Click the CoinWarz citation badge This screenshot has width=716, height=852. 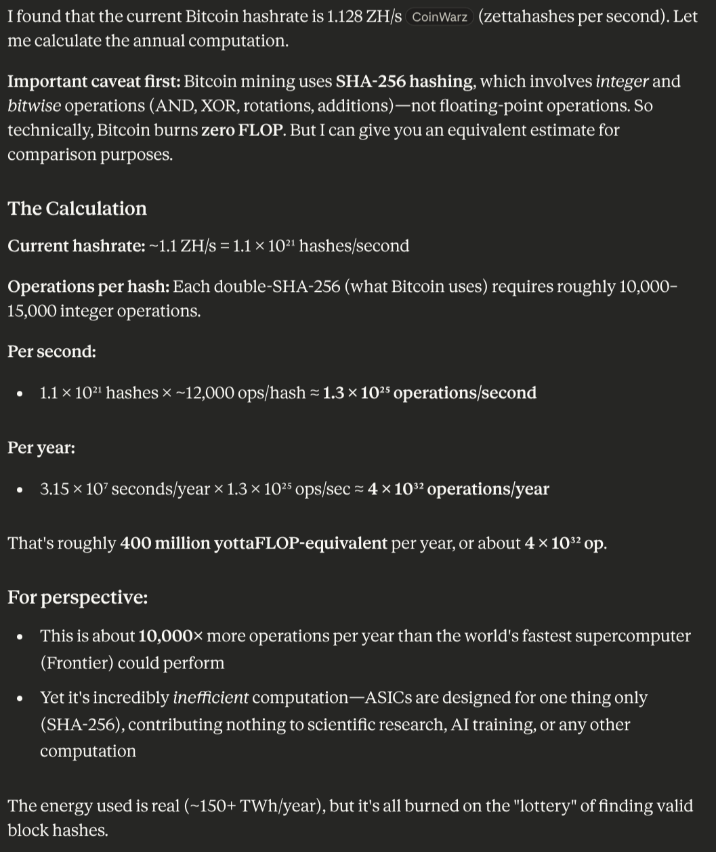tap(440, 17)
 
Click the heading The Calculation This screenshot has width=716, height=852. tap(77, 208)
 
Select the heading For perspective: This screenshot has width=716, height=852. tap(77, 597)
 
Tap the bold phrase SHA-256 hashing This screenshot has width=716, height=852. tap(404, 81)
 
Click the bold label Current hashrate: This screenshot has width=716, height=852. tap(77, 246)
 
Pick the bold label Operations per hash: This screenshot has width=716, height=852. tap(89, 286)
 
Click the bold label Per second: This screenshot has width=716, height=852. tap(51, 352)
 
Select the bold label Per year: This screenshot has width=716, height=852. tap(41, 448)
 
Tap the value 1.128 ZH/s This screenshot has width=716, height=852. tap(364, 16)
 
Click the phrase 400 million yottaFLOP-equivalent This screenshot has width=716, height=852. tap(253, 543)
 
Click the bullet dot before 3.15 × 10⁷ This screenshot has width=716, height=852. tap(20, 490)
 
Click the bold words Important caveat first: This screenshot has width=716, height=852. tap(93, 81)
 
